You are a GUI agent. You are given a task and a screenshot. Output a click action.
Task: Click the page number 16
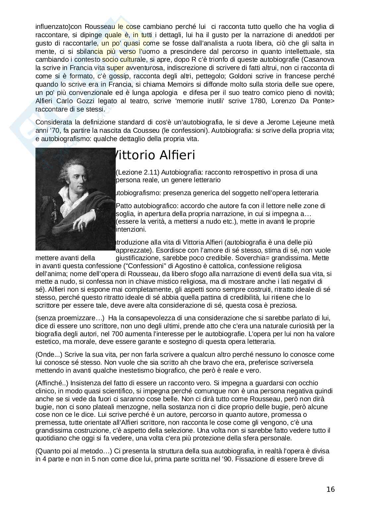(x=330, y=489)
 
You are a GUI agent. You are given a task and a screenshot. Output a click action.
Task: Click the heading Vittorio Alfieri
(x=154, y=155)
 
